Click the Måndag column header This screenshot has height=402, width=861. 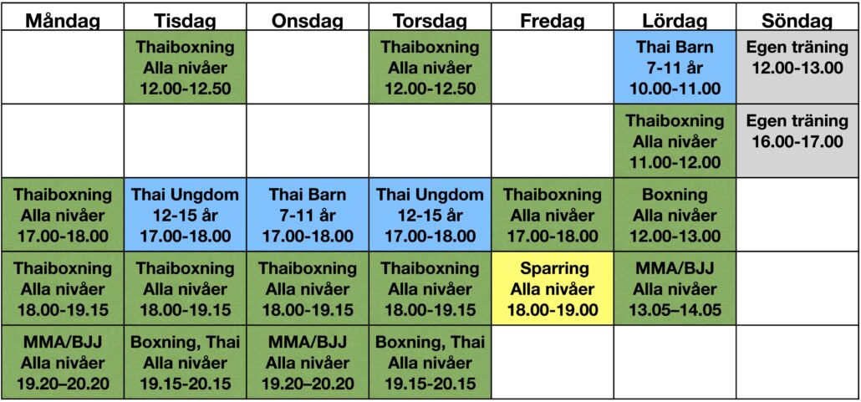pos(63,21)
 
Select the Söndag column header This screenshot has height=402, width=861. pos(797,21)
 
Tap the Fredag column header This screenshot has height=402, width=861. pos(553,21)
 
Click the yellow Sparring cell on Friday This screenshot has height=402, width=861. pos(553,288)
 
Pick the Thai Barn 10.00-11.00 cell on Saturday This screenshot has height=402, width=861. pos(675,67)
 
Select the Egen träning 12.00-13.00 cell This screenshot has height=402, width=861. pos(797,67)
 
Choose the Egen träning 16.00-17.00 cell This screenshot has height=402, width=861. pos(797,140)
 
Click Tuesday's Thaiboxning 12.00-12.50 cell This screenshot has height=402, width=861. pos(185,67)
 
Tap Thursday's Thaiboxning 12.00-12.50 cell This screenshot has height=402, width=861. pos(430,67)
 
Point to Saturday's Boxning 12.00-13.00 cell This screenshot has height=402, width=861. pos(675,215)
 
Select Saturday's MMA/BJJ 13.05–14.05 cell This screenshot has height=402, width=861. pos(675,288)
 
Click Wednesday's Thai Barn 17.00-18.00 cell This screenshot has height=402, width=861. pos(308,215)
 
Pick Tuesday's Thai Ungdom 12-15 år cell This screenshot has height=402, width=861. pos(185,215)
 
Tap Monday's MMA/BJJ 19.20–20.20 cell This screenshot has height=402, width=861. pos(63,362)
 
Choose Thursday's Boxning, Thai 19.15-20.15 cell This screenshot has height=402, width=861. pos(430,362)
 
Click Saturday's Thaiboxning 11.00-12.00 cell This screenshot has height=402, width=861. pos(675,140)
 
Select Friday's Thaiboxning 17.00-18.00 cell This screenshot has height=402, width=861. pos(553,215)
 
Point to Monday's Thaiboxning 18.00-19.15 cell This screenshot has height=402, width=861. pos(63,288)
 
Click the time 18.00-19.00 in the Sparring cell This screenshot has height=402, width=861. pos(553,310)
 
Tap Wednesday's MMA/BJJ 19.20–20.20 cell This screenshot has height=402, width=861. pos(308,362)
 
